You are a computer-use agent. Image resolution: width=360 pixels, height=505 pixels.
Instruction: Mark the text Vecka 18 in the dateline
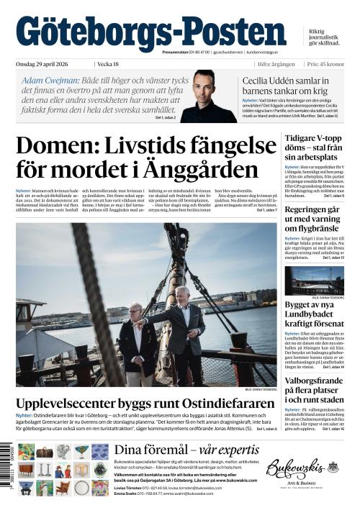tap(108, 64)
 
